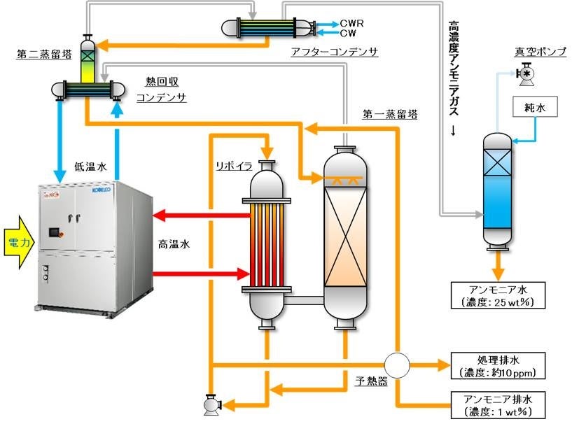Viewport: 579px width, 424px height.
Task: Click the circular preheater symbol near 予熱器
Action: tap(397, 365)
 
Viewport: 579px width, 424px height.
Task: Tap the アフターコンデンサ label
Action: tap(334, 52)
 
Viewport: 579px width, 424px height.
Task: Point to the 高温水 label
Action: tap(174, 245)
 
